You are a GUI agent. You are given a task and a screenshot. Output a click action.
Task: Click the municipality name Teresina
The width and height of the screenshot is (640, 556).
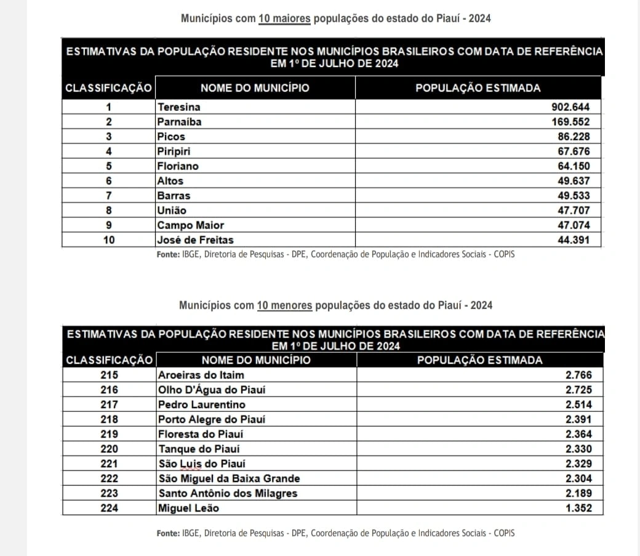(178, 107)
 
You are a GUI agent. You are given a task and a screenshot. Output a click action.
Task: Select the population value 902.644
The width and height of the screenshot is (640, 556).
(570, 107)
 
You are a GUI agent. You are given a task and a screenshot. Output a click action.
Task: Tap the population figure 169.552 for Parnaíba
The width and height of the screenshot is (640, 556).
(570, 122)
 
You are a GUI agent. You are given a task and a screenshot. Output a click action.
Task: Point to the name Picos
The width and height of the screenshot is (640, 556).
(170, 137)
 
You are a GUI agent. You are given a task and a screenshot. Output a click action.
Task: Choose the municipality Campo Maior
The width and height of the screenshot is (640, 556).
(190, 225)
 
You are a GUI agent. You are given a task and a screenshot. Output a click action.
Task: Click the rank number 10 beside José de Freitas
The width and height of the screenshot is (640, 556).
(108, 240)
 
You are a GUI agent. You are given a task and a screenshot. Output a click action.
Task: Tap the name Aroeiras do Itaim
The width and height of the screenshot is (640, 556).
(201, 375)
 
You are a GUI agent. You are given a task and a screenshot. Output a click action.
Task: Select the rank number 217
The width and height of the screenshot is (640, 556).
(108, 405)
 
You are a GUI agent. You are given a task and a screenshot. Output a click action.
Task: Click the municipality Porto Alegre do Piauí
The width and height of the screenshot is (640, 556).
(212, 419)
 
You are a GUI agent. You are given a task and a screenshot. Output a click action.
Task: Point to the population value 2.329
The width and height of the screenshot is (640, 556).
(578, 464)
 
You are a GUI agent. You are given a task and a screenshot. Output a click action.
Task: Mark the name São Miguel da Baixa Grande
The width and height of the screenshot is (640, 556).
(229, 478)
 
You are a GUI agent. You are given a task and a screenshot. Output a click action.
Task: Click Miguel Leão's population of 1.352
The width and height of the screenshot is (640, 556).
(578, 508)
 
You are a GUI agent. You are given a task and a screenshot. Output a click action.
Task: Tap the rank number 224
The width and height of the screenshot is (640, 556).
(108, 508)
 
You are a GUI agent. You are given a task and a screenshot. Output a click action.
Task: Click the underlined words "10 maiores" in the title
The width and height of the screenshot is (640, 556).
(284, 18)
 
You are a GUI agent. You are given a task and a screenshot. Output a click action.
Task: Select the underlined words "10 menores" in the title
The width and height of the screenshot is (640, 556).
(284, 305)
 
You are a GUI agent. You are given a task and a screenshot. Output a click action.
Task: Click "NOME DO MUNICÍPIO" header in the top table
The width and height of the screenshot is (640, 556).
(255, 87)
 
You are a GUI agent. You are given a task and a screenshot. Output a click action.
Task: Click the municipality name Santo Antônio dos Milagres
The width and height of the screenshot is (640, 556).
(228, 493)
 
